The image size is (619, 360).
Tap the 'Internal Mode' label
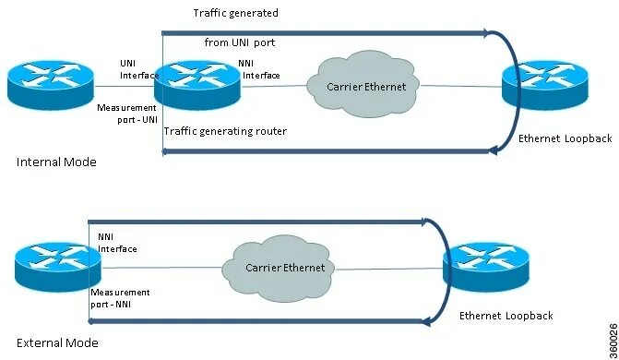pyautogui.click(x=56, y=162)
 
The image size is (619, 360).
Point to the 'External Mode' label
pyautogui.click(x=57, y=342)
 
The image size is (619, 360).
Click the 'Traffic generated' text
pyautogui.click(x=235, y=13)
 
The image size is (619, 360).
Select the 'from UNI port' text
pyautogui.click(x=240, y=42)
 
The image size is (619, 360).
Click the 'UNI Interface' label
pyautogui.click(x=136, y=68)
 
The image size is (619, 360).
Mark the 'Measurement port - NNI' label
pyautogui.click(x=120, y=298)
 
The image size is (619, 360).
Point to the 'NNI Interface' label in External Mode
pyautogui.click(x=117, y=243)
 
